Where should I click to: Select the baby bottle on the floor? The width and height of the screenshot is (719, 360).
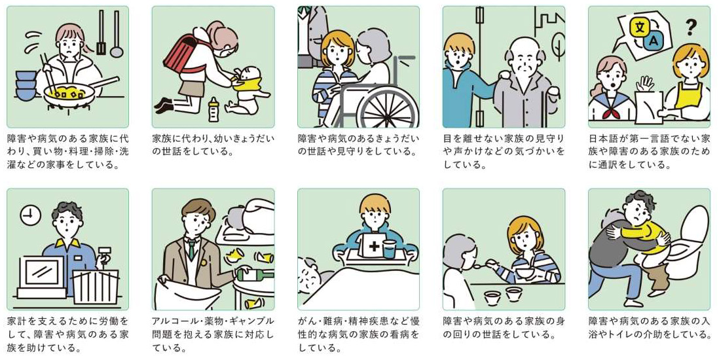point(213,109)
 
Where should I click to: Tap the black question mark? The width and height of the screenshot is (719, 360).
point(690,27)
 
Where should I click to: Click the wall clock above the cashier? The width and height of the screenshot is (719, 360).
point(30,215)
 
